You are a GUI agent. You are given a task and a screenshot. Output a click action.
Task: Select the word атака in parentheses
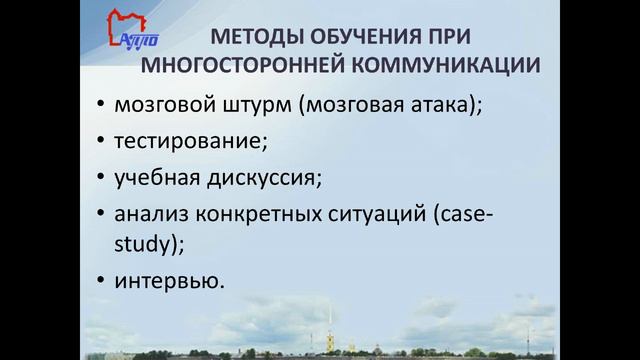434,103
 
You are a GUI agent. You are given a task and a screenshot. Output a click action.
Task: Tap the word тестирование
191,141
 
